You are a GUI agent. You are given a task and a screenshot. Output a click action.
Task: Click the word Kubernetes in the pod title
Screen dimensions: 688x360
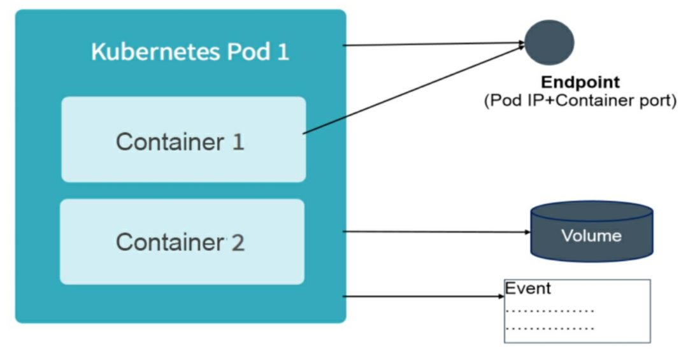155,52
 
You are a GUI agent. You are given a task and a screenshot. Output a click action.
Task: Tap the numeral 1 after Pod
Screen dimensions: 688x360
283,52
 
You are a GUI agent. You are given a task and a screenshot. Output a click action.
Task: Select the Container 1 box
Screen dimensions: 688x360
183,139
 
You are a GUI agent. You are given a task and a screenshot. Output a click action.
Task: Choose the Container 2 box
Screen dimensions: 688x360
182,241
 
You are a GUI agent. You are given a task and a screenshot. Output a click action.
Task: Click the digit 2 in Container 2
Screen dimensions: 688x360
238,242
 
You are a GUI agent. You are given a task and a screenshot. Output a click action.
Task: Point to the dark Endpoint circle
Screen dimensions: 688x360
549,43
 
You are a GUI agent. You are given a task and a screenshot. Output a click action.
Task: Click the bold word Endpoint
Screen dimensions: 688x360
580,82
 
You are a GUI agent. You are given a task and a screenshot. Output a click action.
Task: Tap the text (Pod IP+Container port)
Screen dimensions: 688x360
580,101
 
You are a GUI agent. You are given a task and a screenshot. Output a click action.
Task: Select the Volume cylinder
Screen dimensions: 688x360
592,231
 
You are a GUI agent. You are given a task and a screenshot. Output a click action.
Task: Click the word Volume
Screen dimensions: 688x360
591,236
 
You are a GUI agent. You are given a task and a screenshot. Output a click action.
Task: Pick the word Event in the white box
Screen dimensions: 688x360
528,289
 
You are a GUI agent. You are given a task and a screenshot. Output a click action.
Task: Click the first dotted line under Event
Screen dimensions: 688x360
550,312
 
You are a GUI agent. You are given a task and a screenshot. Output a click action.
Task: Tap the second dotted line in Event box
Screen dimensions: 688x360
550,328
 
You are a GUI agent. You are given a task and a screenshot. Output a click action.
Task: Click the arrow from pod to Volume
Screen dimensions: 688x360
436,231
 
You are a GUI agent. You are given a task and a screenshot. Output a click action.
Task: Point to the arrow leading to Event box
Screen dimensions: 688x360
424,296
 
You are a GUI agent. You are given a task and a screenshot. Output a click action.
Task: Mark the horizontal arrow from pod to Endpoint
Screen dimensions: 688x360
434,44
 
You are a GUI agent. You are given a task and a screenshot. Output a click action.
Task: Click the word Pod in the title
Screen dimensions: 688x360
248,52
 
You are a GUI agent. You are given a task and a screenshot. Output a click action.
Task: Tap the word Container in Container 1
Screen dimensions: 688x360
170,142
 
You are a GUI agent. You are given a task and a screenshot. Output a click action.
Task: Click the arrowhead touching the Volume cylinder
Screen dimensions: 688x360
528,232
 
